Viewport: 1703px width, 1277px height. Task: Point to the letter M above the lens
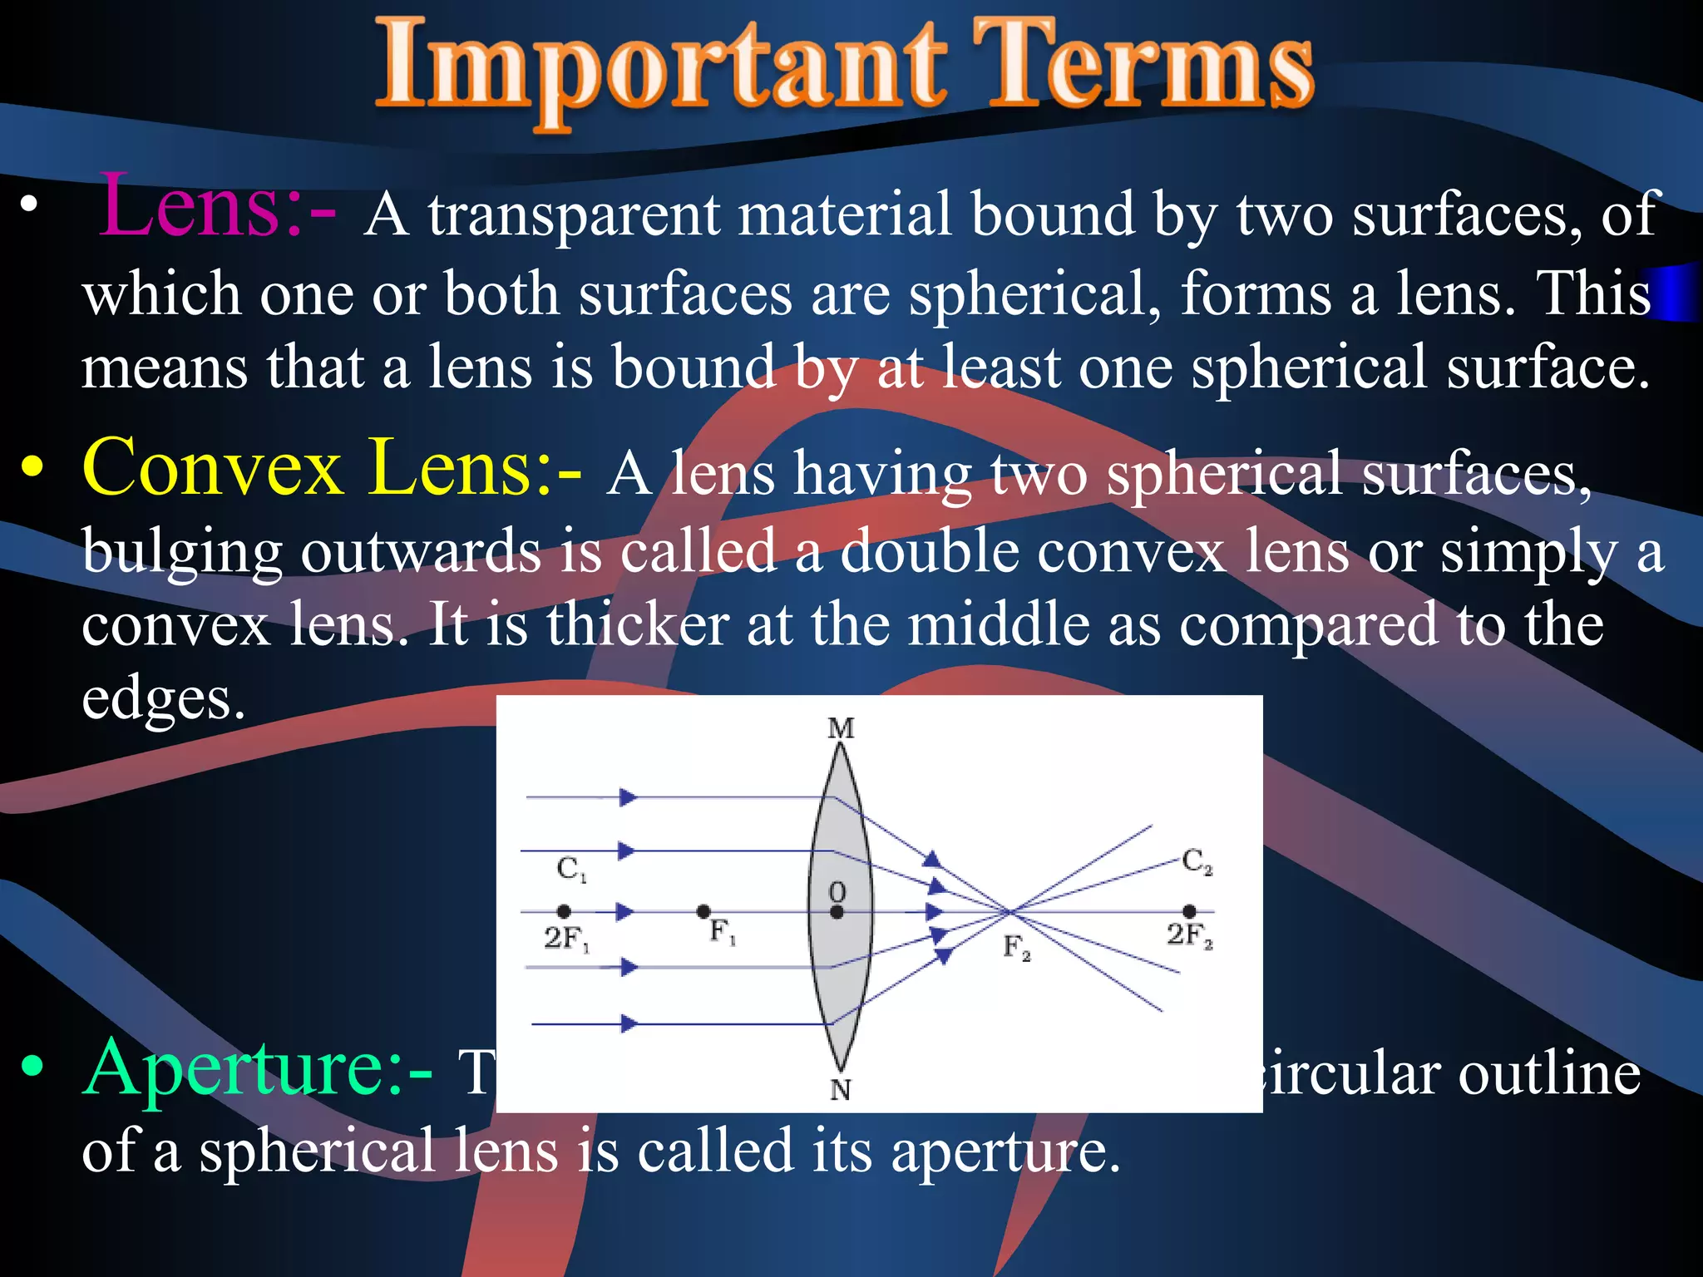[x=841, y=729]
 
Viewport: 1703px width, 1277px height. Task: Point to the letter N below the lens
[x=841, y=1089]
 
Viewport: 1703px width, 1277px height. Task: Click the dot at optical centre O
[x=837, y=913]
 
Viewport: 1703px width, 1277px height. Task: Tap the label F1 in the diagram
[x=722, y=932]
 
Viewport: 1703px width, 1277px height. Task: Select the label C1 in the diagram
[x=571, y=870]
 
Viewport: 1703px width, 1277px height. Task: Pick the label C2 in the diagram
[x=1197, y=861]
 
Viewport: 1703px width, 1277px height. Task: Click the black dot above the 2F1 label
[x=564, y=912]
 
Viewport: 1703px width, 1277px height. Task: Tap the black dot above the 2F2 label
[x=1189, y=912]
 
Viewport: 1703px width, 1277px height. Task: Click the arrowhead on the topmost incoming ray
[x=628, y=798]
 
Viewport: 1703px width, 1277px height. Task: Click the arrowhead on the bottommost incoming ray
[x=629, y=1024]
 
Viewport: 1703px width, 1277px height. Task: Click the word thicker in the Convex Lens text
[x=637, y=625]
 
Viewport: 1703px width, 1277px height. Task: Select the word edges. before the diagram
[x=163, y=698]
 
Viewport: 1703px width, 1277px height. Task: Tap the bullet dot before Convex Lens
[x=32, y=470]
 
